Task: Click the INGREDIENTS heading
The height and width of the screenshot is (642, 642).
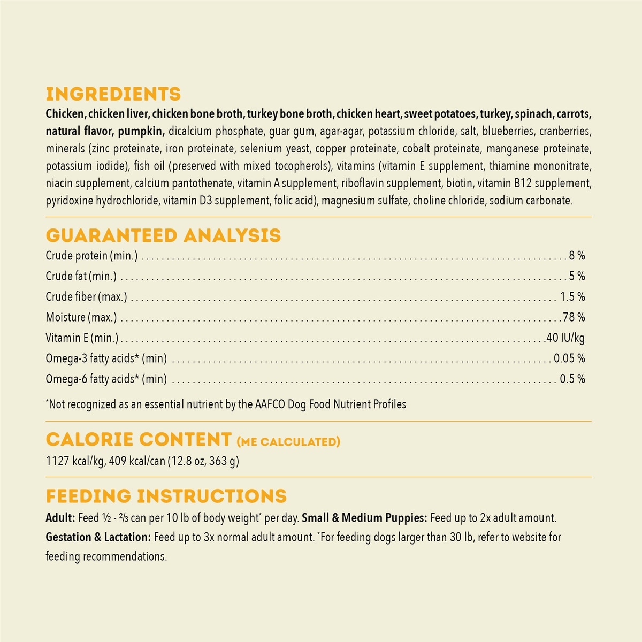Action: point(113,94)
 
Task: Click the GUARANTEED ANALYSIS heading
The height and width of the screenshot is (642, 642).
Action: point(163,235)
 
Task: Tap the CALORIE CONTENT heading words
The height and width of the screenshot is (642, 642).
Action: point(139,440)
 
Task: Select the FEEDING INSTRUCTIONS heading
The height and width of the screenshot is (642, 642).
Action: point(166,496)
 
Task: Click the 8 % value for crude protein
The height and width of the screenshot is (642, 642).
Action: point(577,256)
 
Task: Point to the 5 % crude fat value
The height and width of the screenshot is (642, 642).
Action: point(577,276)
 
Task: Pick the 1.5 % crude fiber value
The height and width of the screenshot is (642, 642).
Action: point(572,296)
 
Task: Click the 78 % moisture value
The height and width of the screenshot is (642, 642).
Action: point(574,317)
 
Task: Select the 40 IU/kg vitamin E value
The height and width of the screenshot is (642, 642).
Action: point(565,338)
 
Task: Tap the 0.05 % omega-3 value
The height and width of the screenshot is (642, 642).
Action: point(569,358)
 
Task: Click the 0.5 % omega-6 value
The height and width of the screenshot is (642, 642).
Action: point(572,379)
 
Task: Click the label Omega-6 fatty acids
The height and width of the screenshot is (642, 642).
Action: point(106,379)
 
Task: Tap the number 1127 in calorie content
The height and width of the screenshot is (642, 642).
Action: point(57,461)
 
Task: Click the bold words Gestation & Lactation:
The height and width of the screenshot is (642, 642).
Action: point(98,537)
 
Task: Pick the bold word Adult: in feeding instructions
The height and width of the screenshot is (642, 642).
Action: point(60,518)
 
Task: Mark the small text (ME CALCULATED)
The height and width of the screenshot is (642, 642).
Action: point(288,442)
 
